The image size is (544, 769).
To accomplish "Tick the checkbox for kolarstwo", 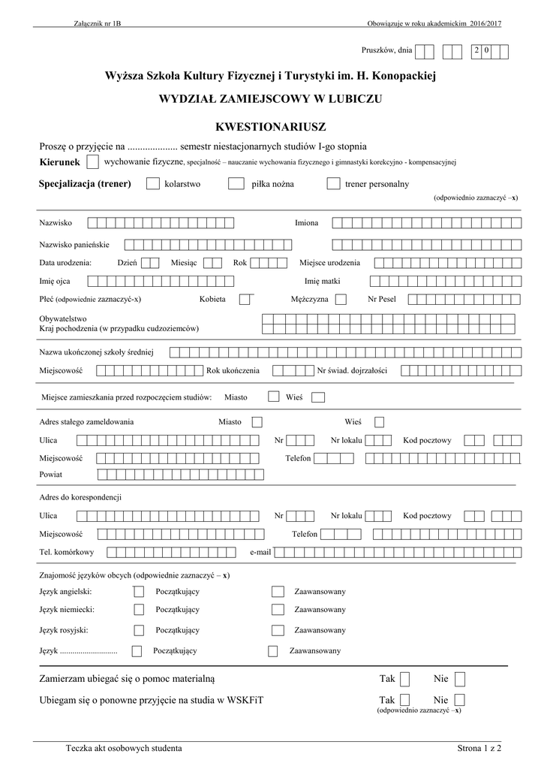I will pos(152,184).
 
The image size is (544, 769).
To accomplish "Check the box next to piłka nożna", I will pos(236,184).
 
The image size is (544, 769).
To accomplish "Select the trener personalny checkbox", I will pos(334,184).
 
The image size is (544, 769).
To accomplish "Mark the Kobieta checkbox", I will pos(245,299).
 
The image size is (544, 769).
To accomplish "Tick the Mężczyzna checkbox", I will pos(341,299).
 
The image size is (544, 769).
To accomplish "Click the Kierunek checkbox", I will pos(92,161).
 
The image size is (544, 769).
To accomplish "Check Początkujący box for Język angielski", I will pos(139,591).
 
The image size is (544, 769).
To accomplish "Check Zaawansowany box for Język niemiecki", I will pos(278,610).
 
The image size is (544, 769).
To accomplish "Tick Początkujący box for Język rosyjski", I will pos(139,630).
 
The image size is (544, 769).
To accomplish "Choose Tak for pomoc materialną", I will pos(404,680).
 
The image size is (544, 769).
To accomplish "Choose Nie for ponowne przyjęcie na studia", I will pos(460,699).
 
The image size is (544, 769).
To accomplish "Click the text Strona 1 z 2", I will pos(479,748).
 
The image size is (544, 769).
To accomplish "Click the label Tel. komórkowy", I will pos(67,553).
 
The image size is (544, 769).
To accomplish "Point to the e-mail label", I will pos(260,553).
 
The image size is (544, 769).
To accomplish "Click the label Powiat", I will pos(51,475).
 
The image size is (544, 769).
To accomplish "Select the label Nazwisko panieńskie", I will pos(74,245).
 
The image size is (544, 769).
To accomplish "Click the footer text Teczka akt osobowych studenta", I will pos(124,748).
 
